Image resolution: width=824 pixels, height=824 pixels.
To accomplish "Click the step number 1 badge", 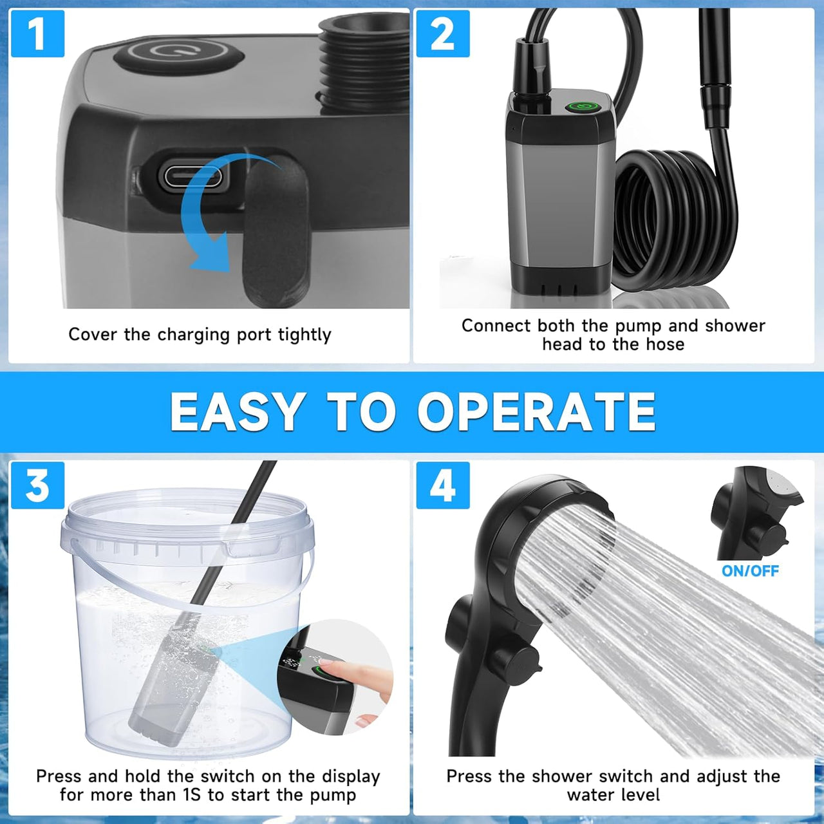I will tap(38, 33).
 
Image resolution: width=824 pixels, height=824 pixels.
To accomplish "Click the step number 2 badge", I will tap(442, 33).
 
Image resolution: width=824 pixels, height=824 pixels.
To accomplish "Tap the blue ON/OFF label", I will tap(750, 570).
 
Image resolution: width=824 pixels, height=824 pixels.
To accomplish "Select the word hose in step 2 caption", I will tap(665, 344).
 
